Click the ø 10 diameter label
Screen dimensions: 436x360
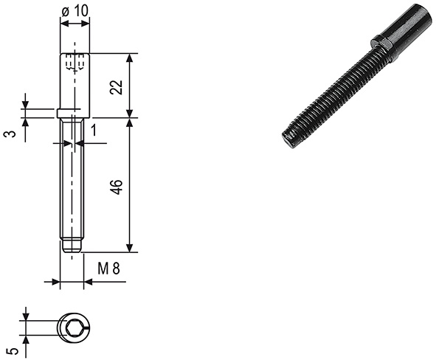tap(75, 11)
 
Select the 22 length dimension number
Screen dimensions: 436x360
tap(117, 87)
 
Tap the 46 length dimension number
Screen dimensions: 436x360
tap(117, 187)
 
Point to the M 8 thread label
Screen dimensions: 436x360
tap(108, 269)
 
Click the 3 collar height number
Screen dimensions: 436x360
tap(10, 134)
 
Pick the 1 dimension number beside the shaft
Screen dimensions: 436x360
tap(94, 130)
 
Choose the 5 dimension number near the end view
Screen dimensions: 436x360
tap(13, 351)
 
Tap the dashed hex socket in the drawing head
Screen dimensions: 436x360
tap(75, 62)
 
